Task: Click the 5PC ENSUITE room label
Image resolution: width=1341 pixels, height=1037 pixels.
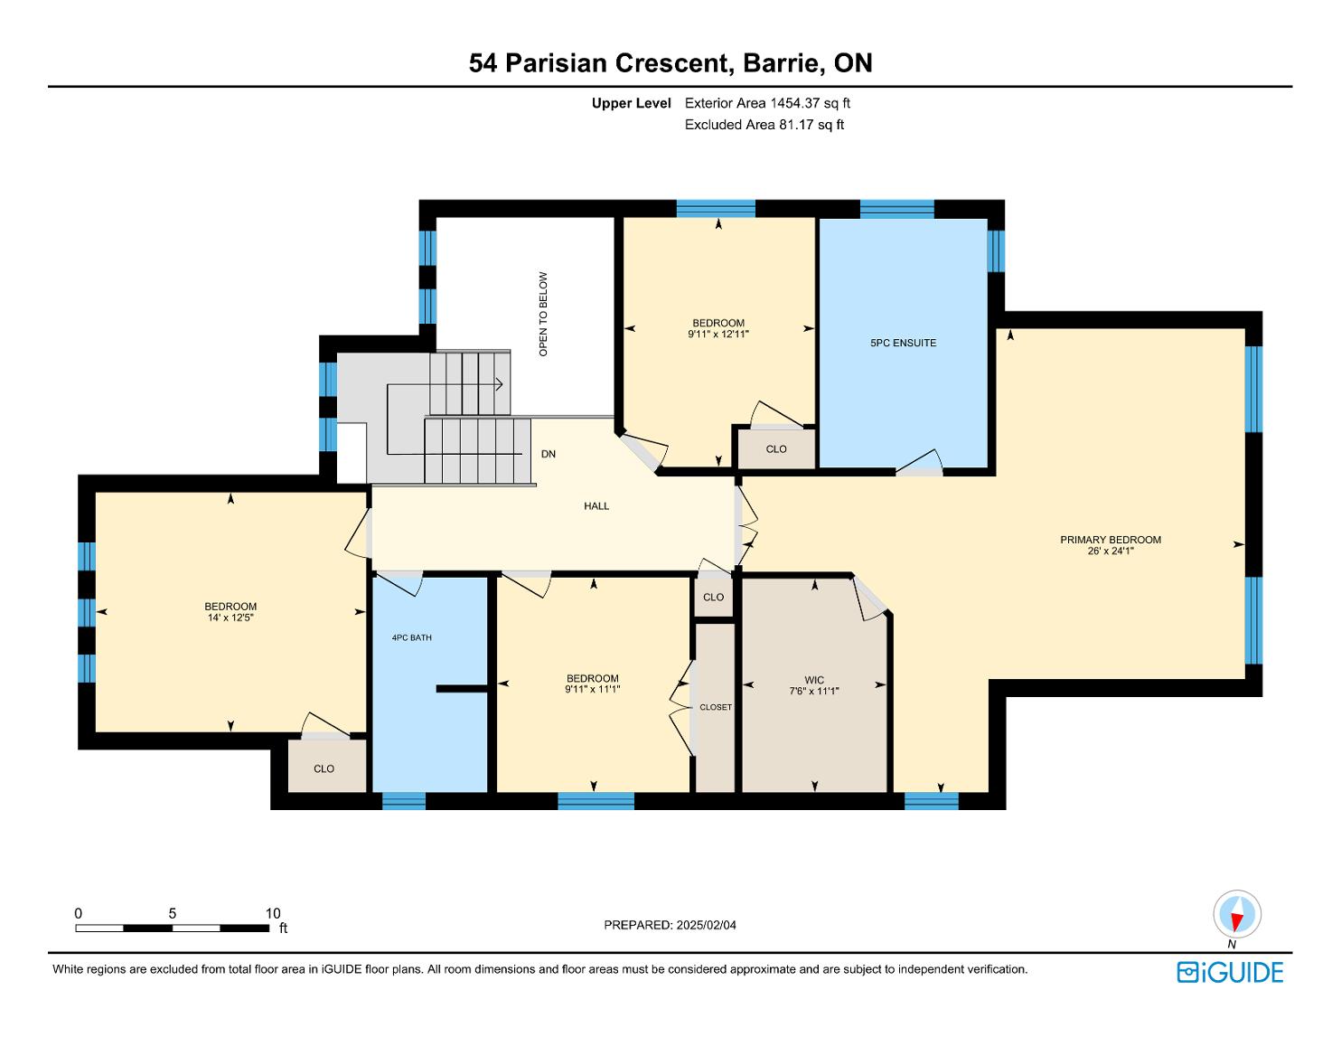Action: [903, 343]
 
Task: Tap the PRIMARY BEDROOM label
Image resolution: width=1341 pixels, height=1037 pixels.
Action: [1111, 540]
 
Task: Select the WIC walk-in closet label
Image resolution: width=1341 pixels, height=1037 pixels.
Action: [814, 680]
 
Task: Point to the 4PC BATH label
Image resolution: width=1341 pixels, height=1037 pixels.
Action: [412, 637]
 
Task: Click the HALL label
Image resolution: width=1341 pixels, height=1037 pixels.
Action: [596, 506]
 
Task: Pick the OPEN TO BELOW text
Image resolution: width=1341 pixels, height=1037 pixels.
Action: [543, 315]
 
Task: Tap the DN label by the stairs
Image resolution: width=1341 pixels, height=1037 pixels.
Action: [548, 454]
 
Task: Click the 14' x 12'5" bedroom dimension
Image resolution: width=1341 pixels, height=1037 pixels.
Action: [230, 617]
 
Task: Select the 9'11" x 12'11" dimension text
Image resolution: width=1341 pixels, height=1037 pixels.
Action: [717, 334]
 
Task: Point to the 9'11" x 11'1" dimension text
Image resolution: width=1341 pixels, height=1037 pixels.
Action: [592, 690]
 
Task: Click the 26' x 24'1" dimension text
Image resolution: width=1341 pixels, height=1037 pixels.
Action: [1111, 551]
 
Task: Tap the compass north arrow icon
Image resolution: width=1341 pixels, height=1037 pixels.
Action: [1237, 914]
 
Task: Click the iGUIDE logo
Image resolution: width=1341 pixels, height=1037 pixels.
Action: [1230, 972]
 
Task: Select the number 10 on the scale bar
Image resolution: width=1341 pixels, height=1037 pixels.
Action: [273, 913]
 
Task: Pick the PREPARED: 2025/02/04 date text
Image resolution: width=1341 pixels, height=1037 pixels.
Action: [670, 925]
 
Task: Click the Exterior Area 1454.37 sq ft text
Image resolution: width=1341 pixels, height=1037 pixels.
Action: [767, 103]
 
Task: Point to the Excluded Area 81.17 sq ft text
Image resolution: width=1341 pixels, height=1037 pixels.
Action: [764, 125]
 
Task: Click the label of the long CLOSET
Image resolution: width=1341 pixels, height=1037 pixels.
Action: [716, 707]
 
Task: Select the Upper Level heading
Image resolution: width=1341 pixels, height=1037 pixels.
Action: [631, 103]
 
